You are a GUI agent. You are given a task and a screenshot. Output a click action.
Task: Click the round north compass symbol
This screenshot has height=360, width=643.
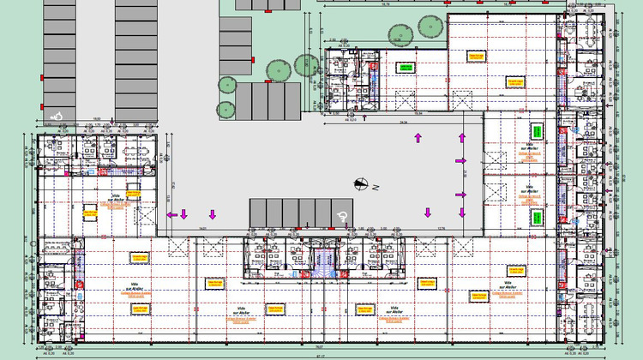coord(363,182)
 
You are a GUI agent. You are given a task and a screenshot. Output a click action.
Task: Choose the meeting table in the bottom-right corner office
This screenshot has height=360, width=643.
coord(591,310)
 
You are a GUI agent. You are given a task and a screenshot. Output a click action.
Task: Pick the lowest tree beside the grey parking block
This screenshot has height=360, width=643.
coord(225,109)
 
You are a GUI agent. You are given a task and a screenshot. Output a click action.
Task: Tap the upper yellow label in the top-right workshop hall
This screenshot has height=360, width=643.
coord(477,55)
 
